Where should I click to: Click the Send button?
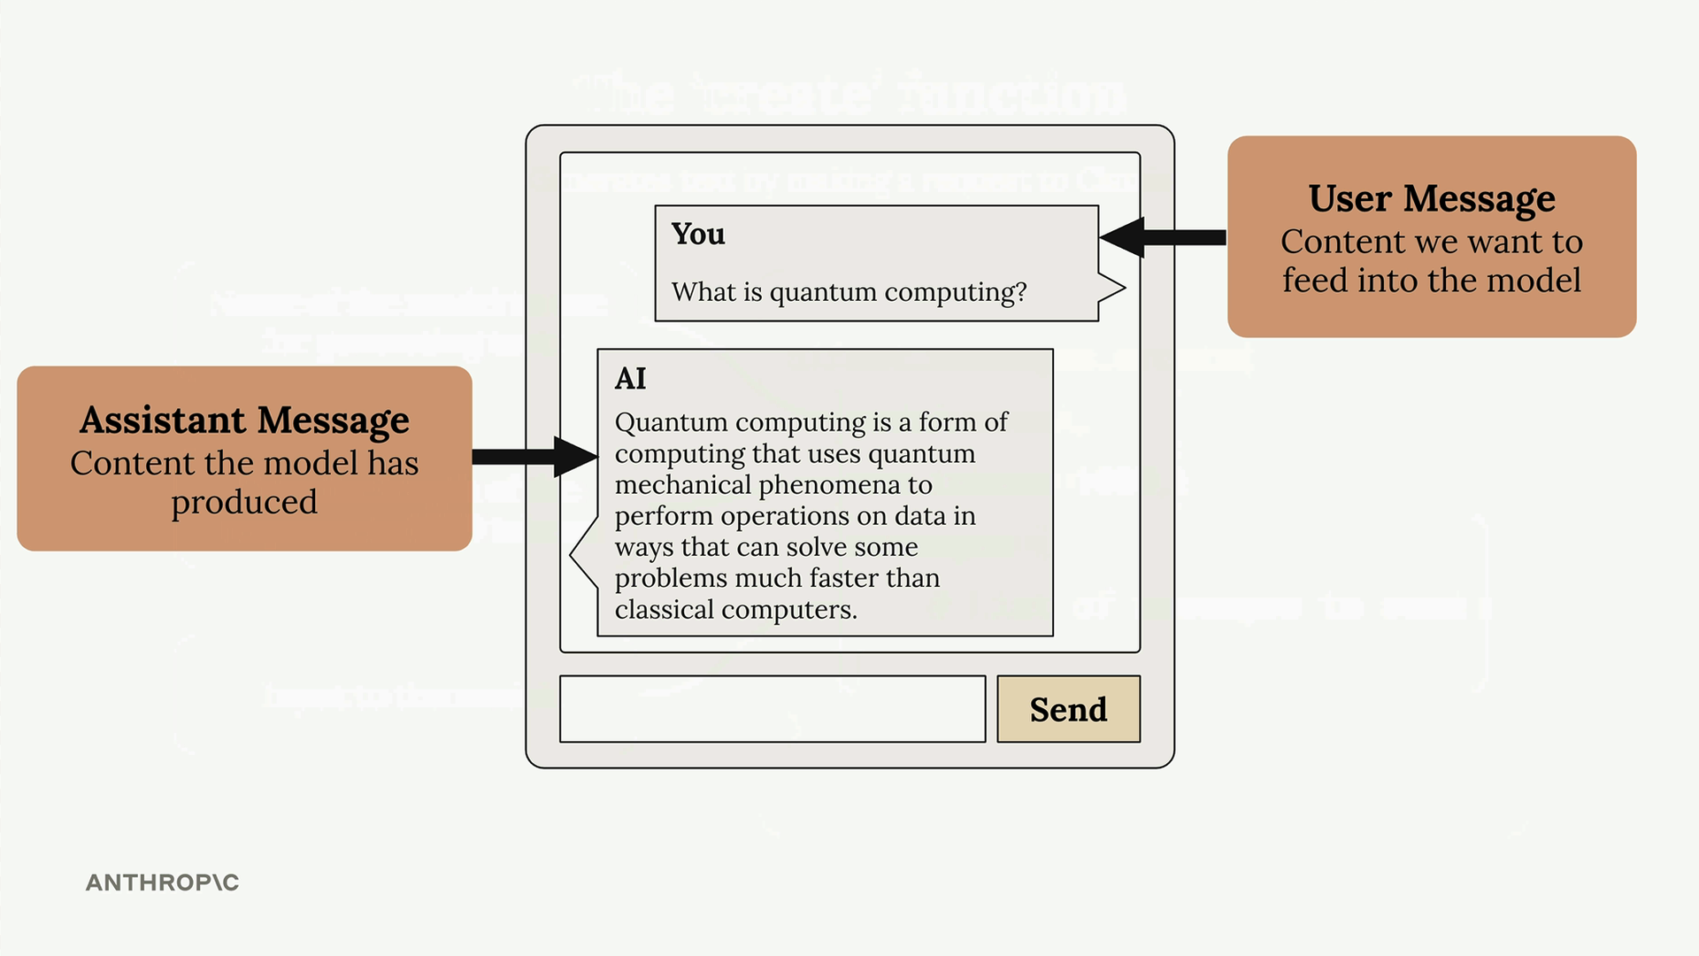pos(1068,709)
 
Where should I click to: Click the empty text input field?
pos(772,709)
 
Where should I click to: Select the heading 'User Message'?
pos(1431,199)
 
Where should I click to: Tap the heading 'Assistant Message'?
pos(244,420)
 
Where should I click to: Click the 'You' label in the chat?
pos(697,234)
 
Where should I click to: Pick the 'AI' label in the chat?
pos(630,379)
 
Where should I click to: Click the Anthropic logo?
pos(162,883)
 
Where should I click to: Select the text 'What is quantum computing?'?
pos(849,291)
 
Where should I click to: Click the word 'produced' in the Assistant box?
pos(244,503)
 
